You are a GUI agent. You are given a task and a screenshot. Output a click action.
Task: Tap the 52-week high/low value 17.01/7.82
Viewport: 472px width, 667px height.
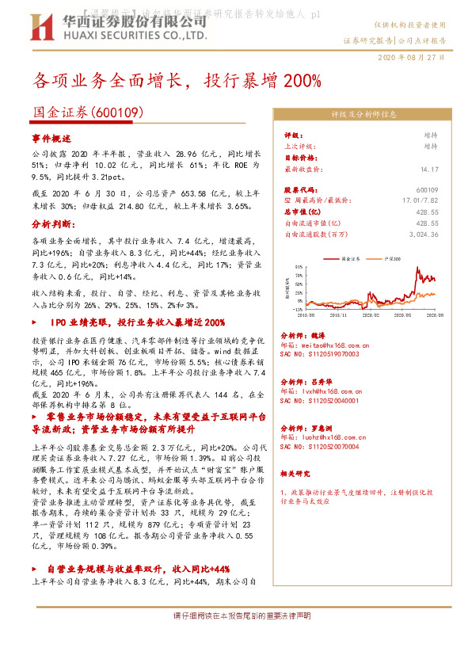(421, 201)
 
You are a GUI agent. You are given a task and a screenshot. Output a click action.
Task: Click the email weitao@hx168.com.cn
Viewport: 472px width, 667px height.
(325, 345)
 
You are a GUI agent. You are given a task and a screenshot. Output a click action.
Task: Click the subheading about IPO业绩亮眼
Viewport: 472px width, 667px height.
(131, 322)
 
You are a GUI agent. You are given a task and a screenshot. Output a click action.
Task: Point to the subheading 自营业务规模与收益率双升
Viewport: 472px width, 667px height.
(138, 569)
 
